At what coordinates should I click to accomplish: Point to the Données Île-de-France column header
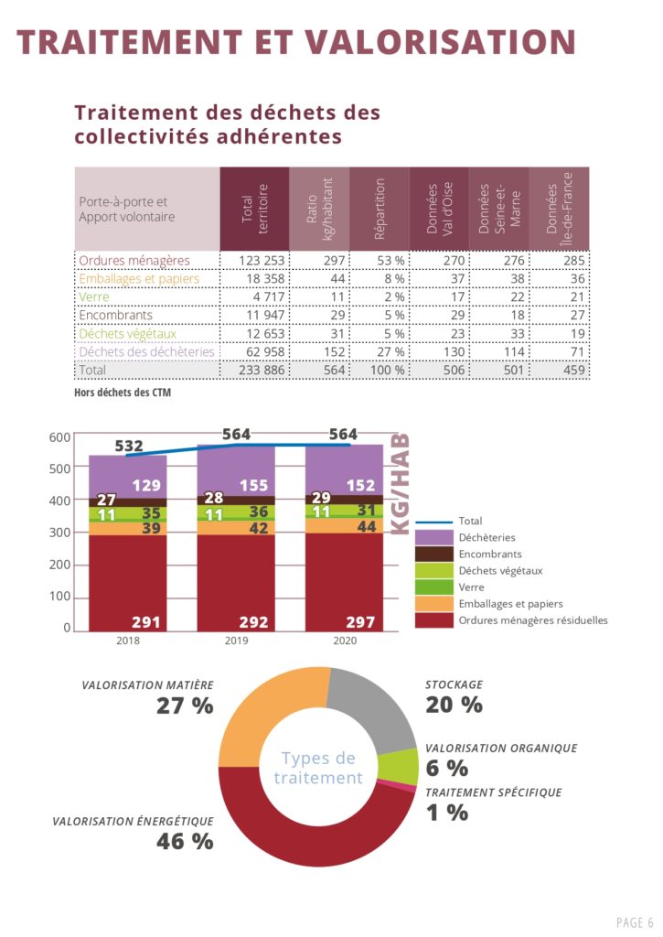pyautogui.click(x=559, y=209)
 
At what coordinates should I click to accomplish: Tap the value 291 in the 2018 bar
pyautogui.click(x=146, y=622)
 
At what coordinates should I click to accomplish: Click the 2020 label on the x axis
pyautogui.click(x=344, y=641)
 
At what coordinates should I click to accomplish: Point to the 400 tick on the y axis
pyautogui.click(x=61, y=501)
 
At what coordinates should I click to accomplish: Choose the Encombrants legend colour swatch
pyautogui.click(x=434, y=554)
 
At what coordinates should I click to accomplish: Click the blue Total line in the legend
pyautogui.click(x=434, y=521)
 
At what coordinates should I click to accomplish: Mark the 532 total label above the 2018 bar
pyautogui.click(x=129, y=447)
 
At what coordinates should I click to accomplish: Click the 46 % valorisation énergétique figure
pyautogui.click(x=184, y=841)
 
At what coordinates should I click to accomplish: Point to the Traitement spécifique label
pyautogui.click(x=493, y=792)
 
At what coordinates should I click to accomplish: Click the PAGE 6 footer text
pyautogui.click(x=635, y=921)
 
